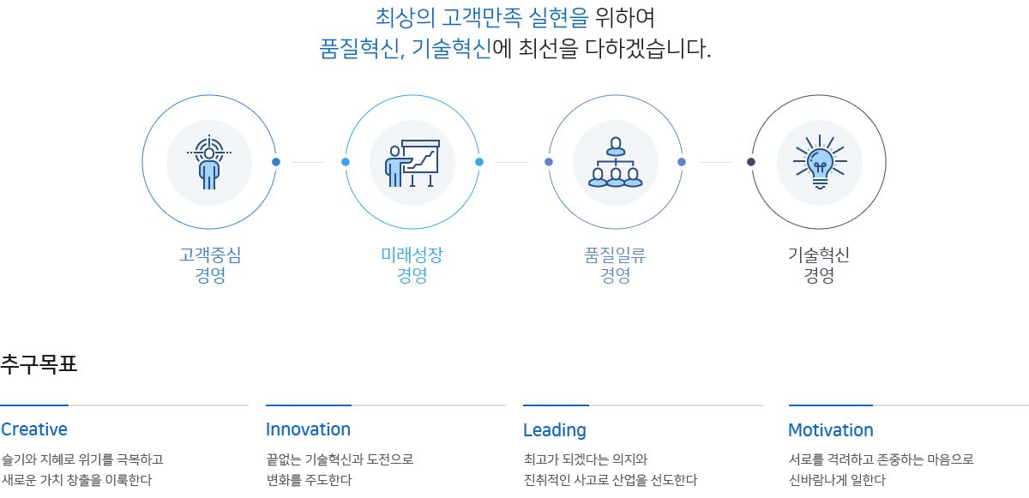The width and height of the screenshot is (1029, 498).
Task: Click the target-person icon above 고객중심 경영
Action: [x=209, y=162]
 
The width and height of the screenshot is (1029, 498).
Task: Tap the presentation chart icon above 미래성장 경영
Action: [x=412, y=163]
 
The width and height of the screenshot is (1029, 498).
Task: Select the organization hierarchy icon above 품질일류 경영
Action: [x=615, y=162]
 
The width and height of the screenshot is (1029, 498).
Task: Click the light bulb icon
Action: [x=820, y=162]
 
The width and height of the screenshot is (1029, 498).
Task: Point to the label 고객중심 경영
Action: [x=210, y=265]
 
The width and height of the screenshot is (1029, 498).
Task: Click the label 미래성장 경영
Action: [x=412, y=265]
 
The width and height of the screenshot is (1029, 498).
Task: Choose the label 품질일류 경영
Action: [x=615, y=265]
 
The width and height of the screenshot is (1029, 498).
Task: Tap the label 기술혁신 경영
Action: [x=819, y=265]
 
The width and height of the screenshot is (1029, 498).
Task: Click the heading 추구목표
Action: [x=39, y=364]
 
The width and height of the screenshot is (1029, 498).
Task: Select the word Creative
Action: [x=34, y=429]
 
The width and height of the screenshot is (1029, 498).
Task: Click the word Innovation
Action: [x=308, y=429]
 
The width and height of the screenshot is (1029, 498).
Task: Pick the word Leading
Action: [x=555, y=430]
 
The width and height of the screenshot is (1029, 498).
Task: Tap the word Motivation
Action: [x=831, y=430]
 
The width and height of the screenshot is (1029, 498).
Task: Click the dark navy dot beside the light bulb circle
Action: [x=751, y=161]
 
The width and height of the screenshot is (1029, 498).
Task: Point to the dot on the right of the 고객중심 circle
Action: [x=276, y=161]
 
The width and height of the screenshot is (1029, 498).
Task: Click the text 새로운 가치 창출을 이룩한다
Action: [x=76, y=480]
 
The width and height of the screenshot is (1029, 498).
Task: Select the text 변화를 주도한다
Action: [x=310, y=480]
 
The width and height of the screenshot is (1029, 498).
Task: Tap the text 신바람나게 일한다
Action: [x=837, y=480]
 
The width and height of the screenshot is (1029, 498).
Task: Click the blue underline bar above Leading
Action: [x=556, y=405]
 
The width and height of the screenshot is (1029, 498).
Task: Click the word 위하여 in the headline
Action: [x=625, y=18]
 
